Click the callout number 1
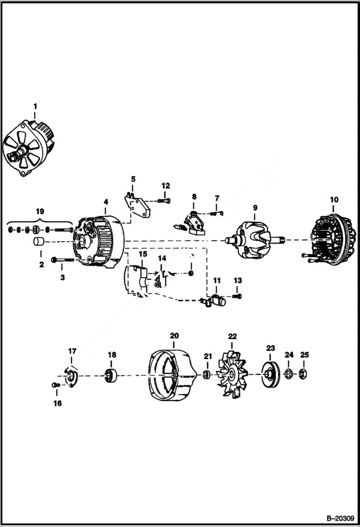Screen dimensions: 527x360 pyautogui.click(x=35, y=105)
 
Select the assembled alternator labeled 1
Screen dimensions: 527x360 pyautogui.click(x=30, y=147)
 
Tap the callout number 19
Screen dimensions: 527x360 pyautogui.click(x=40, y=211)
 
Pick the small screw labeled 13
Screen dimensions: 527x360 pyautogui.click(x=238, y=296)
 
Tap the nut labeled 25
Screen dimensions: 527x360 pyautogui.click(x=304, y=374)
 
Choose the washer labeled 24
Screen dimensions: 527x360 pyautogui.click(x=288, y=374)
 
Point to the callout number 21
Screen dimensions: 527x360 pyautogui.click(x=207, y=356)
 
